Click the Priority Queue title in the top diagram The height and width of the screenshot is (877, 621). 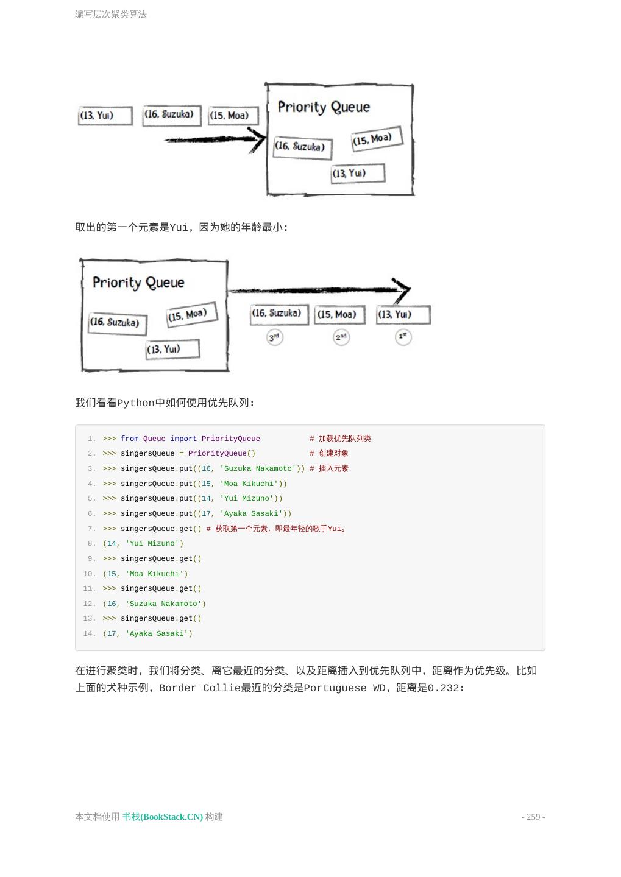tap(324, 107)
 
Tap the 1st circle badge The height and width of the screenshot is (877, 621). tap(403, 337)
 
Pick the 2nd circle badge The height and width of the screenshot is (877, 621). tap(341, 337)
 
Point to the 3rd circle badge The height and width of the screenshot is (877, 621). tap(275, 337)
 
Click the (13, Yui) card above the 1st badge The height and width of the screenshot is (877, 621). tap(403, 315)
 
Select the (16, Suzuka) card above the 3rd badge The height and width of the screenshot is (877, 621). tap(279, 314)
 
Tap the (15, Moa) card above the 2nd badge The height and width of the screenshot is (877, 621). tap(339, 315)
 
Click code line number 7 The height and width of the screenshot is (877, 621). tap(91, 529)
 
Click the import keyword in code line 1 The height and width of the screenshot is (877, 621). tap(183, 438)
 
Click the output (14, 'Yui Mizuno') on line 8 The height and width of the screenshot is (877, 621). tap(143, 543)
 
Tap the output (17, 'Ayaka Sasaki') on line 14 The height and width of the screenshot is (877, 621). tap(147, 633)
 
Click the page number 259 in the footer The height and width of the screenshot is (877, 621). tap(533, 817)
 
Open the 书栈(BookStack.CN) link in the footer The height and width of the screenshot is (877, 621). tap(162, 817)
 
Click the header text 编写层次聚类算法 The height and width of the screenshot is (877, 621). tap(111, 14)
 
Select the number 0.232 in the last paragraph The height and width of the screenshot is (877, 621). tap(443, 688)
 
